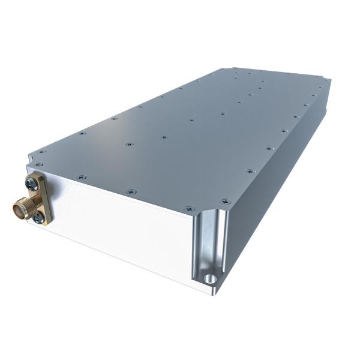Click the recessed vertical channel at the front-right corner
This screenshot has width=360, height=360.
(x=202, y=246)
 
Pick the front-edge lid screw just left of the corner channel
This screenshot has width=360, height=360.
(x=189, y=209)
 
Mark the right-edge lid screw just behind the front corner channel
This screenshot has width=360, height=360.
(x=225, y=202)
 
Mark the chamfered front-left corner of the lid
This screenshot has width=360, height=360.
(x=30, y=157)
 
